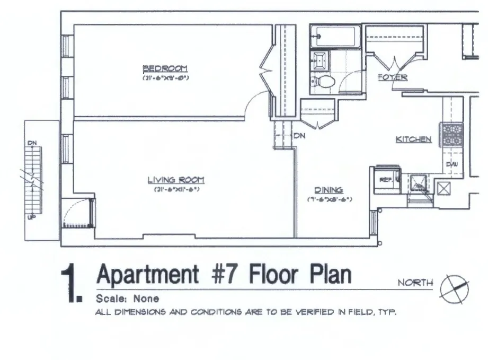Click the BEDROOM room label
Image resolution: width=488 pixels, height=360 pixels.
[165, 68]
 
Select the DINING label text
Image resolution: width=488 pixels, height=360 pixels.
[329, 190]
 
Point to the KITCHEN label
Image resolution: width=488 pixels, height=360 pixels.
[414, 139]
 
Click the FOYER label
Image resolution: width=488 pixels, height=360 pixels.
[393, 77]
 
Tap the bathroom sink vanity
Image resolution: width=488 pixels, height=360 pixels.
[320, 60]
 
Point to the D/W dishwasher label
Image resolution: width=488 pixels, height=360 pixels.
[452, 164]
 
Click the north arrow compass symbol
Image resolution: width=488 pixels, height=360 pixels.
[454, 289]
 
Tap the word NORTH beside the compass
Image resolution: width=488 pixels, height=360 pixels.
[415, 283]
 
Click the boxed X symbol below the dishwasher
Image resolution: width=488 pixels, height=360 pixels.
[443, 187]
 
